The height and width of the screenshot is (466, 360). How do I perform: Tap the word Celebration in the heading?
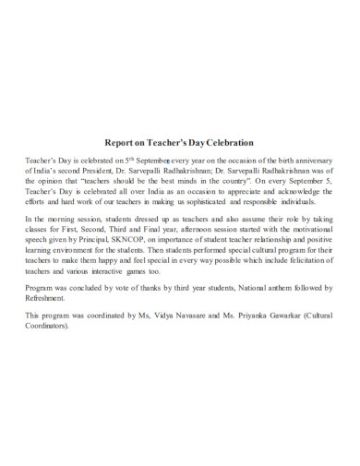224,143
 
